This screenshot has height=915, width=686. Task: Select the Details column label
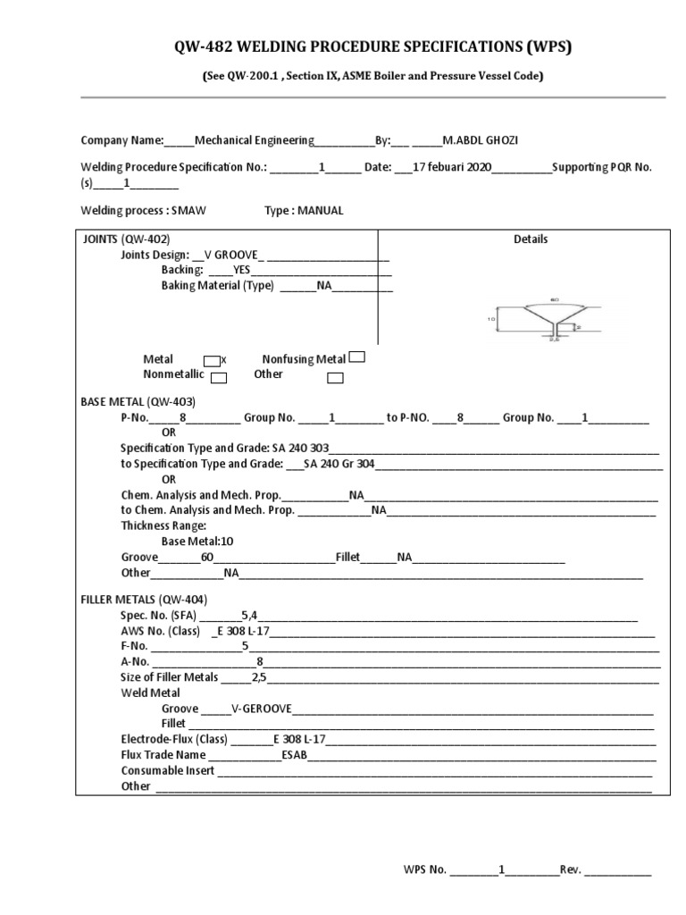531,239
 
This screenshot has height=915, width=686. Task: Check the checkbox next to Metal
211,360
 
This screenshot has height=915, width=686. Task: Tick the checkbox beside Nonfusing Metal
356,358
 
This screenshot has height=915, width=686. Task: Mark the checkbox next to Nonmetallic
218,378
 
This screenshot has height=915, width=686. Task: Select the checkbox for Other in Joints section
335,378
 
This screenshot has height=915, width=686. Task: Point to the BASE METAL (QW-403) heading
138,402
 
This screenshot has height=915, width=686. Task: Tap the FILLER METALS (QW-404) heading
144,600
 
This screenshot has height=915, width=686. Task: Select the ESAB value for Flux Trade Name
294,754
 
